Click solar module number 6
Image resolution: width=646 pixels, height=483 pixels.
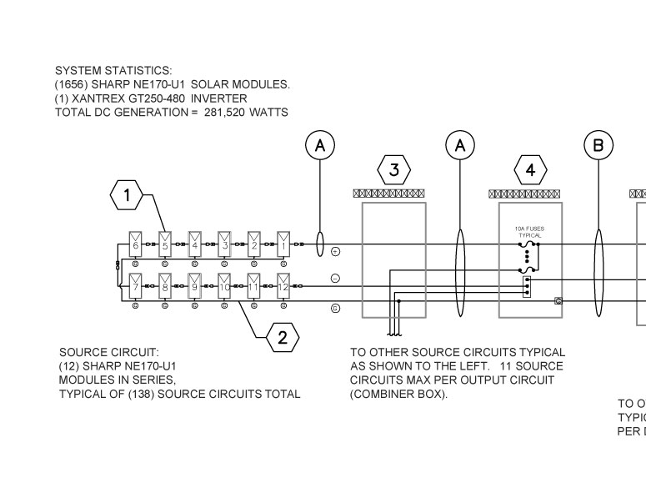[x=135, y=244]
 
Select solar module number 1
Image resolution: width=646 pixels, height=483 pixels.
[x=283, y=244]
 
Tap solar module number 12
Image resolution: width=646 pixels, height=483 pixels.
[x=283, y=286]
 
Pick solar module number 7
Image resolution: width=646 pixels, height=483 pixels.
[x=135, y=286]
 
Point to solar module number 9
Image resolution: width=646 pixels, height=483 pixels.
[x=194, y=286]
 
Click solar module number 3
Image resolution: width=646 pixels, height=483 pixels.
[x=224, y=244]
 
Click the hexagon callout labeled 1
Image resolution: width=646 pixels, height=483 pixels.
[x=127, y=195]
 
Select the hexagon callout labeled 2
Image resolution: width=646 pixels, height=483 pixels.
[x=282, y=337]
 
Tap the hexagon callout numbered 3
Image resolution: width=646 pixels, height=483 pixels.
[x=394, y=170]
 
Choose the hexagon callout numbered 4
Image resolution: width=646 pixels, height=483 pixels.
[x=531, y=170]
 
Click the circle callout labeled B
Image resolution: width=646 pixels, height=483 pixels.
[x=598, y=146]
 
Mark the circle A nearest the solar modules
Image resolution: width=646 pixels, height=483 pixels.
[x=320, y=146]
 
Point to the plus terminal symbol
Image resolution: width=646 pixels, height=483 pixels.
[x=335, y=251]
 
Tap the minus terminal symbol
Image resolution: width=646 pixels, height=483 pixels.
[x=335, y=279]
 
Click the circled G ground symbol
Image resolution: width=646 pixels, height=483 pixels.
[x=335, y=308]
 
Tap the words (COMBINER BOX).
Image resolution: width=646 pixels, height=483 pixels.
[x=399, y=394]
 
